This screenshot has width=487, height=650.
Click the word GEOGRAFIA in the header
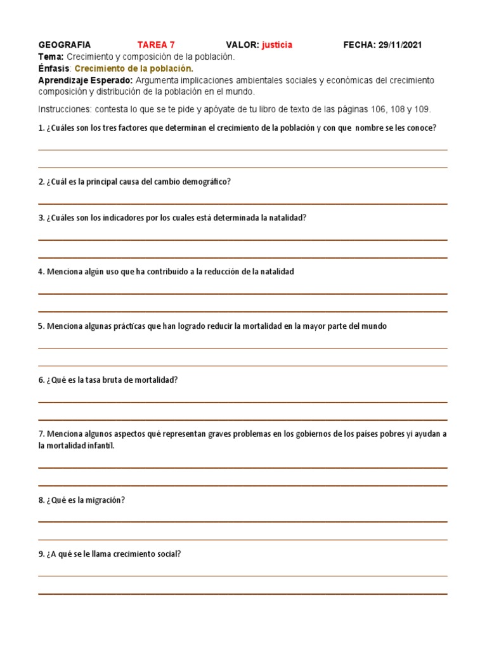(x=65, y=45)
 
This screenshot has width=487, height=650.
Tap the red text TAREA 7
(x=156, y=45)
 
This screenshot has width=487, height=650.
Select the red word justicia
(x=277, y=45)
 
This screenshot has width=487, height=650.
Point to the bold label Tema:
(x=51, y=56)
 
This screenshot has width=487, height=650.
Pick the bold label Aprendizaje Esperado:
(x=86, y=80)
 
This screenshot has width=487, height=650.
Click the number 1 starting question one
(x=41, y=128)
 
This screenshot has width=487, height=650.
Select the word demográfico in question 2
(x=207, y=182)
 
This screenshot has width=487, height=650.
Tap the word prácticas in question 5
(x=127, y=326)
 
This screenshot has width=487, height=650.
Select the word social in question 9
(x=169, y=554)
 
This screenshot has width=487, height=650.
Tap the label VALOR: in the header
(x=242, y=45)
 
